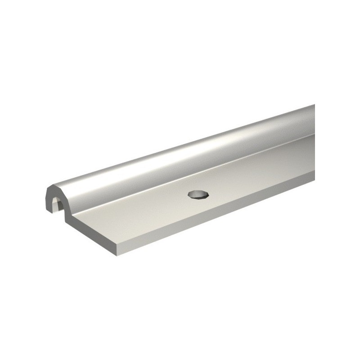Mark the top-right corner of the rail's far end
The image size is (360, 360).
click(314, 105)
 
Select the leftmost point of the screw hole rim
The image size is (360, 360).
click(189, 194)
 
